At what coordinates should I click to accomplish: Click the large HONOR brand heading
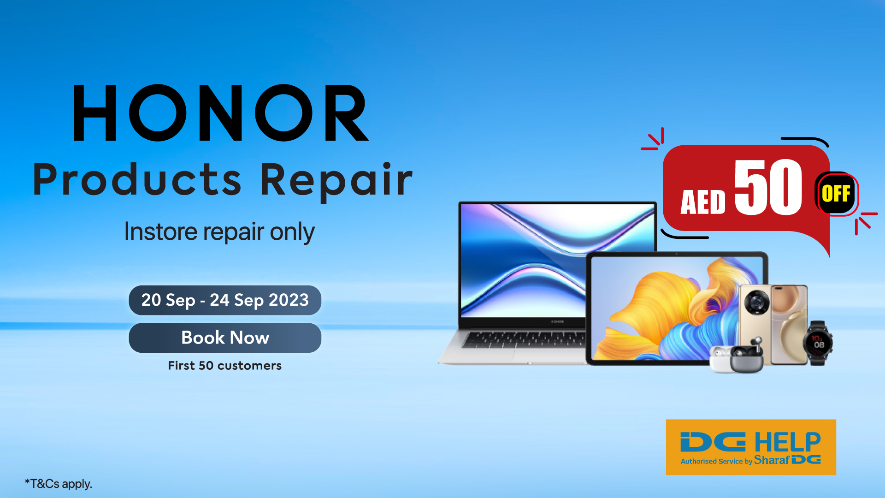coord(221,113)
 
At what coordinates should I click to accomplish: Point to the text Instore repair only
coord(219,231)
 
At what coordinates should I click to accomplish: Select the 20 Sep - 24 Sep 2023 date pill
coord(225,300)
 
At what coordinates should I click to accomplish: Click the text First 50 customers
coord(224,366)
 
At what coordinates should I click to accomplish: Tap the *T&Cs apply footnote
coord(59,484)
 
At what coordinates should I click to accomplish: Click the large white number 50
coord(768,187)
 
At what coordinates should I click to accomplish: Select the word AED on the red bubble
coord(703,202)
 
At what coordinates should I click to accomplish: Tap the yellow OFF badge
coord(836,194)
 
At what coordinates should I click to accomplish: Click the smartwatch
coord(818,343)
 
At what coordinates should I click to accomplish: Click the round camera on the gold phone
coord(757,302)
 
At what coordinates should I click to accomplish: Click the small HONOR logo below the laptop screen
coord(557,321)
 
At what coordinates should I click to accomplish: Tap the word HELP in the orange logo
coord(788,443)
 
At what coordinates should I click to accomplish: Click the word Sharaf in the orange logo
coord(771,460)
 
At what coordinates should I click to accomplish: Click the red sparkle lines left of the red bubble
coord(654,140)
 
